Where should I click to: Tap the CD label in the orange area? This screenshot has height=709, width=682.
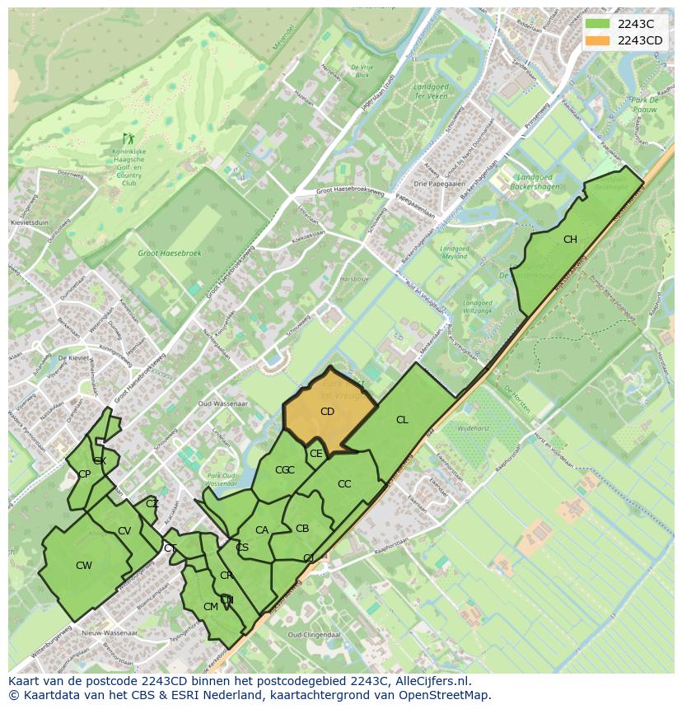[x=327, y=411]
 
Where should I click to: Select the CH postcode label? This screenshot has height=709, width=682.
[x=570, y=240]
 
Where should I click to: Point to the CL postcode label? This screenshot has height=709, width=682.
[x=402, y=420]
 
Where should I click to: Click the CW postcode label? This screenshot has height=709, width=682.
[x=84, y=566]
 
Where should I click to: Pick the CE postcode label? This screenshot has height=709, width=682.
[x=316, y=453]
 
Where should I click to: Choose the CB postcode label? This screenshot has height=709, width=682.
[x=302, y=529]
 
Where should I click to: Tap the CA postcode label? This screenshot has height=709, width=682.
[x=262, y=530]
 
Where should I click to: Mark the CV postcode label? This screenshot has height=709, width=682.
[x=124, y=531]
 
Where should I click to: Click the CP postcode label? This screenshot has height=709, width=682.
[x=84, y=474]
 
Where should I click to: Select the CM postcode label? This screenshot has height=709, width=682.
[x=210, y=607]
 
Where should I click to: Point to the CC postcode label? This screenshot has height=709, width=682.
[x=344, y=484]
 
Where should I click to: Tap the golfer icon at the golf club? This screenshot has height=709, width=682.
[x=128, y=138]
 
